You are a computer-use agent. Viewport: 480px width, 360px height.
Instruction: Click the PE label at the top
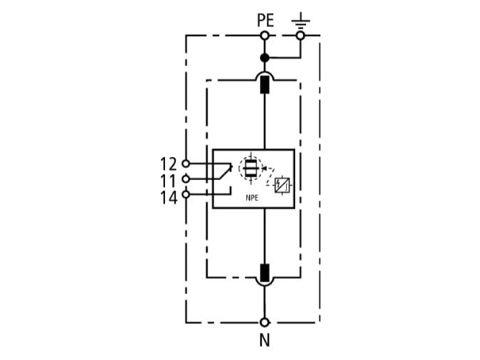265,21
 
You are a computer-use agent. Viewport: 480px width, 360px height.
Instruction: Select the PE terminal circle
265,36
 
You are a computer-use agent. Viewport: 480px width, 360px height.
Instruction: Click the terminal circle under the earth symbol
301,36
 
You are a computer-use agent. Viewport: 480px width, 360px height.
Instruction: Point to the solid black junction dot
265,58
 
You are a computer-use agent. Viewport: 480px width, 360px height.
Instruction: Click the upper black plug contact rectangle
265,85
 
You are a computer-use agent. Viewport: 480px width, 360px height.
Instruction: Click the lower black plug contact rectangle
265,273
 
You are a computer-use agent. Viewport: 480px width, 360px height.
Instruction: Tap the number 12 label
169,164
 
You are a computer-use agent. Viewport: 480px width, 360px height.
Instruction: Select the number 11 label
169,181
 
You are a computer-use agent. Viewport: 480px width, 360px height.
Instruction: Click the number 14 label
169,197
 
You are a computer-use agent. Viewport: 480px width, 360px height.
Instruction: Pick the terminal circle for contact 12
186,163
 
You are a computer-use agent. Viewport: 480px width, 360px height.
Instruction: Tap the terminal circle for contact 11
186,179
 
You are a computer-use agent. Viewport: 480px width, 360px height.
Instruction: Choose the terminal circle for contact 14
186,194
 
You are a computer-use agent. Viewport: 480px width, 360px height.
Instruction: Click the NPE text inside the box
252,198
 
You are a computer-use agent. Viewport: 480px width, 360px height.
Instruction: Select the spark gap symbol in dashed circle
251,168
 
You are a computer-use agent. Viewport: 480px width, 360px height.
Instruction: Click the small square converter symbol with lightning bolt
282,185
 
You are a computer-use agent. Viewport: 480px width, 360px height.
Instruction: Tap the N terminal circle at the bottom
265,322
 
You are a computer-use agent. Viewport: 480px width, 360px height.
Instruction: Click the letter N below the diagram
265,340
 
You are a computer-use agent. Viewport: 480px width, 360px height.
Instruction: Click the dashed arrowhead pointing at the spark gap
265,168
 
